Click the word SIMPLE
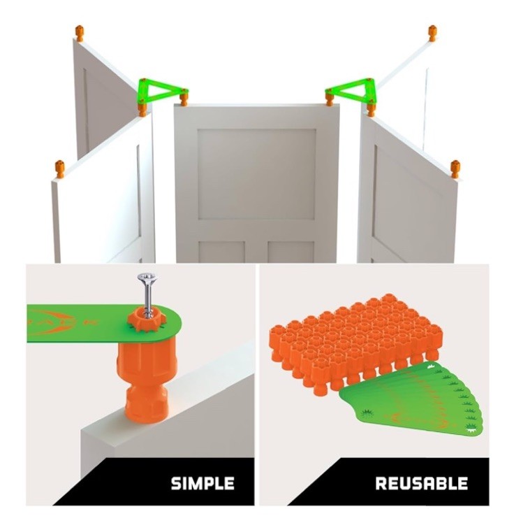coord(203,483)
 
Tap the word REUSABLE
coord(421,483)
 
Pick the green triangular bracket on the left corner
coord(161,89)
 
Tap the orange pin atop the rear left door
coord(80,32)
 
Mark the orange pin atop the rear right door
coord(432,32)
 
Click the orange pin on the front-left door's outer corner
coord(60,169)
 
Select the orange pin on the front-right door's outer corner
coord(455,169)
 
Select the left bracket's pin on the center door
coord(184,99)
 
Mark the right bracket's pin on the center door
coord(329,99)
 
